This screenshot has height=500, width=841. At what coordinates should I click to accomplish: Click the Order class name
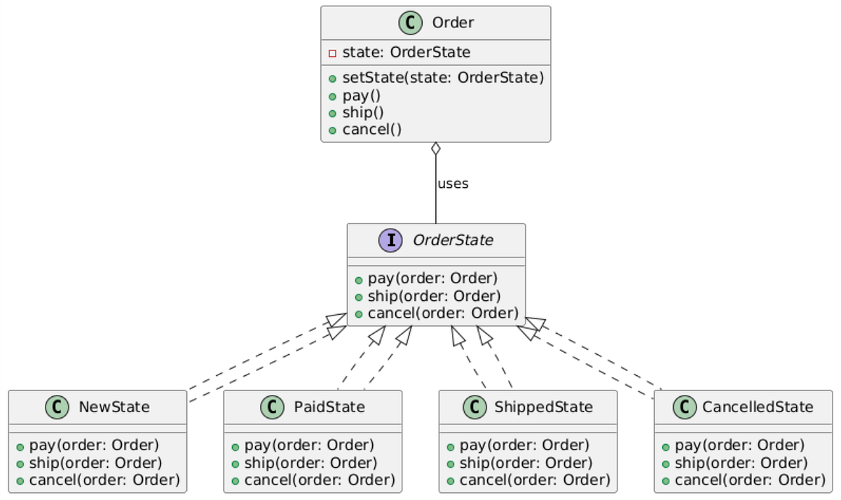pos(453,22)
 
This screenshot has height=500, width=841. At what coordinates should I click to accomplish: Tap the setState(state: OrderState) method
pos(443,78)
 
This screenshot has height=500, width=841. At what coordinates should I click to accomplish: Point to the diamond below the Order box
pos(436,149)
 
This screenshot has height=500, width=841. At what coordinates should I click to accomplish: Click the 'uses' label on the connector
pos(452,184)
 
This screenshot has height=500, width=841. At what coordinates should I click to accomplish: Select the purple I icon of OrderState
pos(390,241)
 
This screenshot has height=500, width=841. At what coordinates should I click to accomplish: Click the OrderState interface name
pos(453,241)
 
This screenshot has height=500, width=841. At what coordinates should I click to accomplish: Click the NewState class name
pos(114,407)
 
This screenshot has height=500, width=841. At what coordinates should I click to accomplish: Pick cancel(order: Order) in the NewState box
pos(104,480)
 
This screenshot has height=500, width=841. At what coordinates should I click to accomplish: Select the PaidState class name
pos(329,407)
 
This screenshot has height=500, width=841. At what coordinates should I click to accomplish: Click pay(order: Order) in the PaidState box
pos(309,445)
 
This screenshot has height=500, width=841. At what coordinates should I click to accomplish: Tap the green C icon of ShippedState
pos(475,407)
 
